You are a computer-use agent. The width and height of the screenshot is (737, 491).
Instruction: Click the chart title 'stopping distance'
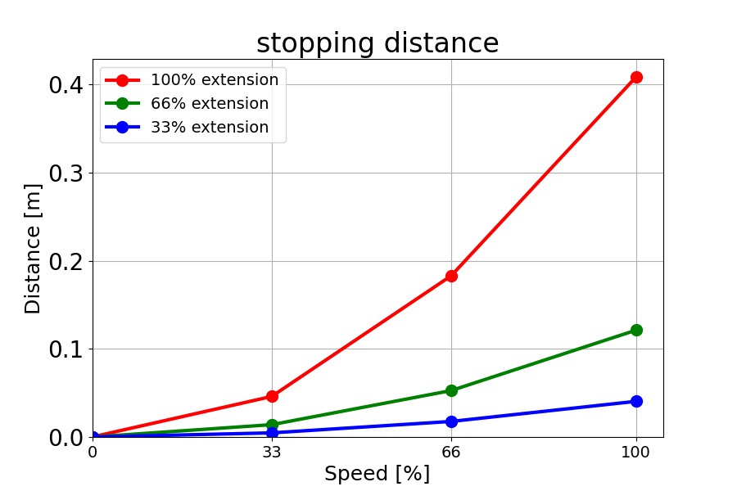[x=378, y=43]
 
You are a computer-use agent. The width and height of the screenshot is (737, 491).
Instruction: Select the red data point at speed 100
[x=636, y=77]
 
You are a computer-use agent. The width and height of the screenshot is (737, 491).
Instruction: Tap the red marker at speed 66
[x=451, y=276]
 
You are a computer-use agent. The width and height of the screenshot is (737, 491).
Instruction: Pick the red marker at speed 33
[x=272, y=396]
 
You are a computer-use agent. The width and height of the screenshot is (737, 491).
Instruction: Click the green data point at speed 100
[x=636, y=330]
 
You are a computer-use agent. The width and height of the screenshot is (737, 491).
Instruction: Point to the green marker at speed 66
[x=451, y=390]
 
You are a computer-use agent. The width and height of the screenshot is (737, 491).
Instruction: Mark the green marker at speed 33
[x=272, y=425]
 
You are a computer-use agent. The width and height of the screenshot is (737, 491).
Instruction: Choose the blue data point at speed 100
[x=636, y=401]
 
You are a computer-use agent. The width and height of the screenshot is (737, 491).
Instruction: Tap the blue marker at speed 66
[x=451, y=421]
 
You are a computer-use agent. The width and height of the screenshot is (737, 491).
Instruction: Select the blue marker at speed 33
[x=272, y=432]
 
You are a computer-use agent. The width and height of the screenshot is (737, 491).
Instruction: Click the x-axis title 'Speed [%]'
[x=377, y=474]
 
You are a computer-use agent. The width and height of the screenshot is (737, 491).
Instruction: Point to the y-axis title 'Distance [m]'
[x=33, y=248]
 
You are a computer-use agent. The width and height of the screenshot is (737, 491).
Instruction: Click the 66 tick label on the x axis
[x=451, y=452]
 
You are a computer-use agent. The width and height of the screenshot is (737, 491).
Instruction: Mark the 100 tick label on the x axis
[x=636, y=452]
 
